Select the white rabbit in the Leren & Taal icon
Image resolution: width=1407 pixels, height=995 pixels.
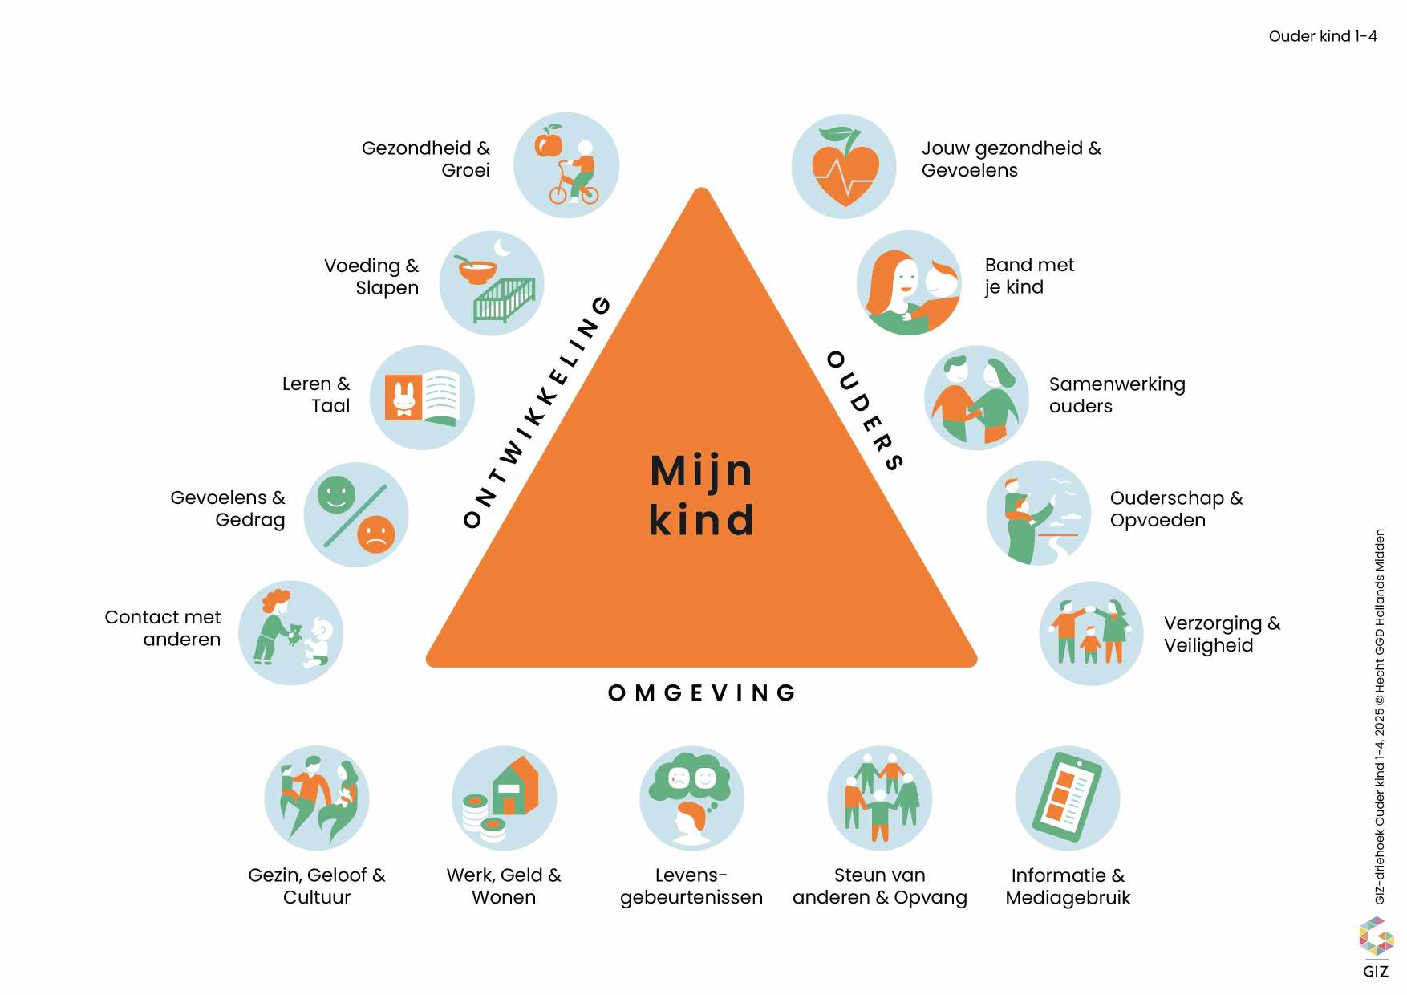(403, 397)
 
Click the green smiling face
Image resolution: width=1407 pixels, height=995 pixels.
(336, 493)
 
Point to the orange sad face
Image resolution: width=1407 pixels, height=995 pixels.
(375, 534)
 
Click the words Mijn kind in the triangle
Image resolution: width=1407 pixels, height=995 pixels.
(702, 494)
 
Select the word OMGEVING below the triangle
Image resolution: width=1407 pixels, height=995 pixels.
(702, 692)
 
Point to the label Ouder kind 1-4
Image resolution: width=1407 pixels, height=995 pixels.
(1323, 36)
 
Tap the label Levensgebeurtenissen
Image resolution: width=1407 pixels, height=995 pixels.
(691, 886)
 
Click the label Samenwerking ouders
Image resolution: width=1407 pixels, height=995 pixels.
(1117, 395)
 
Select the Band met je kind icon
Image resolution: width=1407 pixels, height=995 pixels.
(909, 282)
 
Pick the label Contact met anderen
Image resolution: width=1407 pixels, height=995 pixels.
(163, 628)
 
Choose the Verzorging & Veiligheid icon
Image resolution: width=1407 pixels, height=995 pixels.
(1091, 633)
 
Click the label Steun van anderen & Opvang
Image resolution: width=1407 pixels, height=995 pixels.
(879, 886)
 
